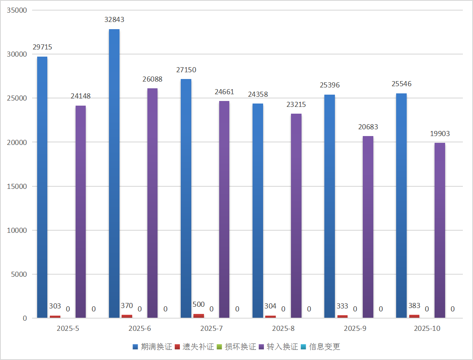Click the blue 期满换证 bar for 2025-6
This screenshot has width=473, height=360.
(114, 173)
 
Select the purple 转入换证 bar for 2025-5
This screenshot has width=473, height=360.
(81, 211)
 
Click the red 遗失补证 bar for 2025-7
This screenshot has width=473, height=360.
(198, 316)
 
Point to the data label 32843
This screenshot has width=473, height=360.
(114, 19)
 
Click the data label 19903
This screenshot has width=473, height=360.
(440, 134)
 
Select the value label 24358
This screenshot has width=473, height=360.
(258, 94)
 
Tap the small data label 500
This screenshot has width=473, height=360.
(198, 305)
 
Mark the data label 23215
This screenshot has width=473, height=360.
(296, 104)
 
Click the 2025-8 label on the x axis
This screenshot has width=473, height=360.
(283, 328)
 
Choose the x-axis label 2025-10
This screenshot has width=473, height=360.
(427, 328)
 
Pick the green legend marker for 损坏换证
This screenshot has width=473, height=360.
(219, 347)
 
